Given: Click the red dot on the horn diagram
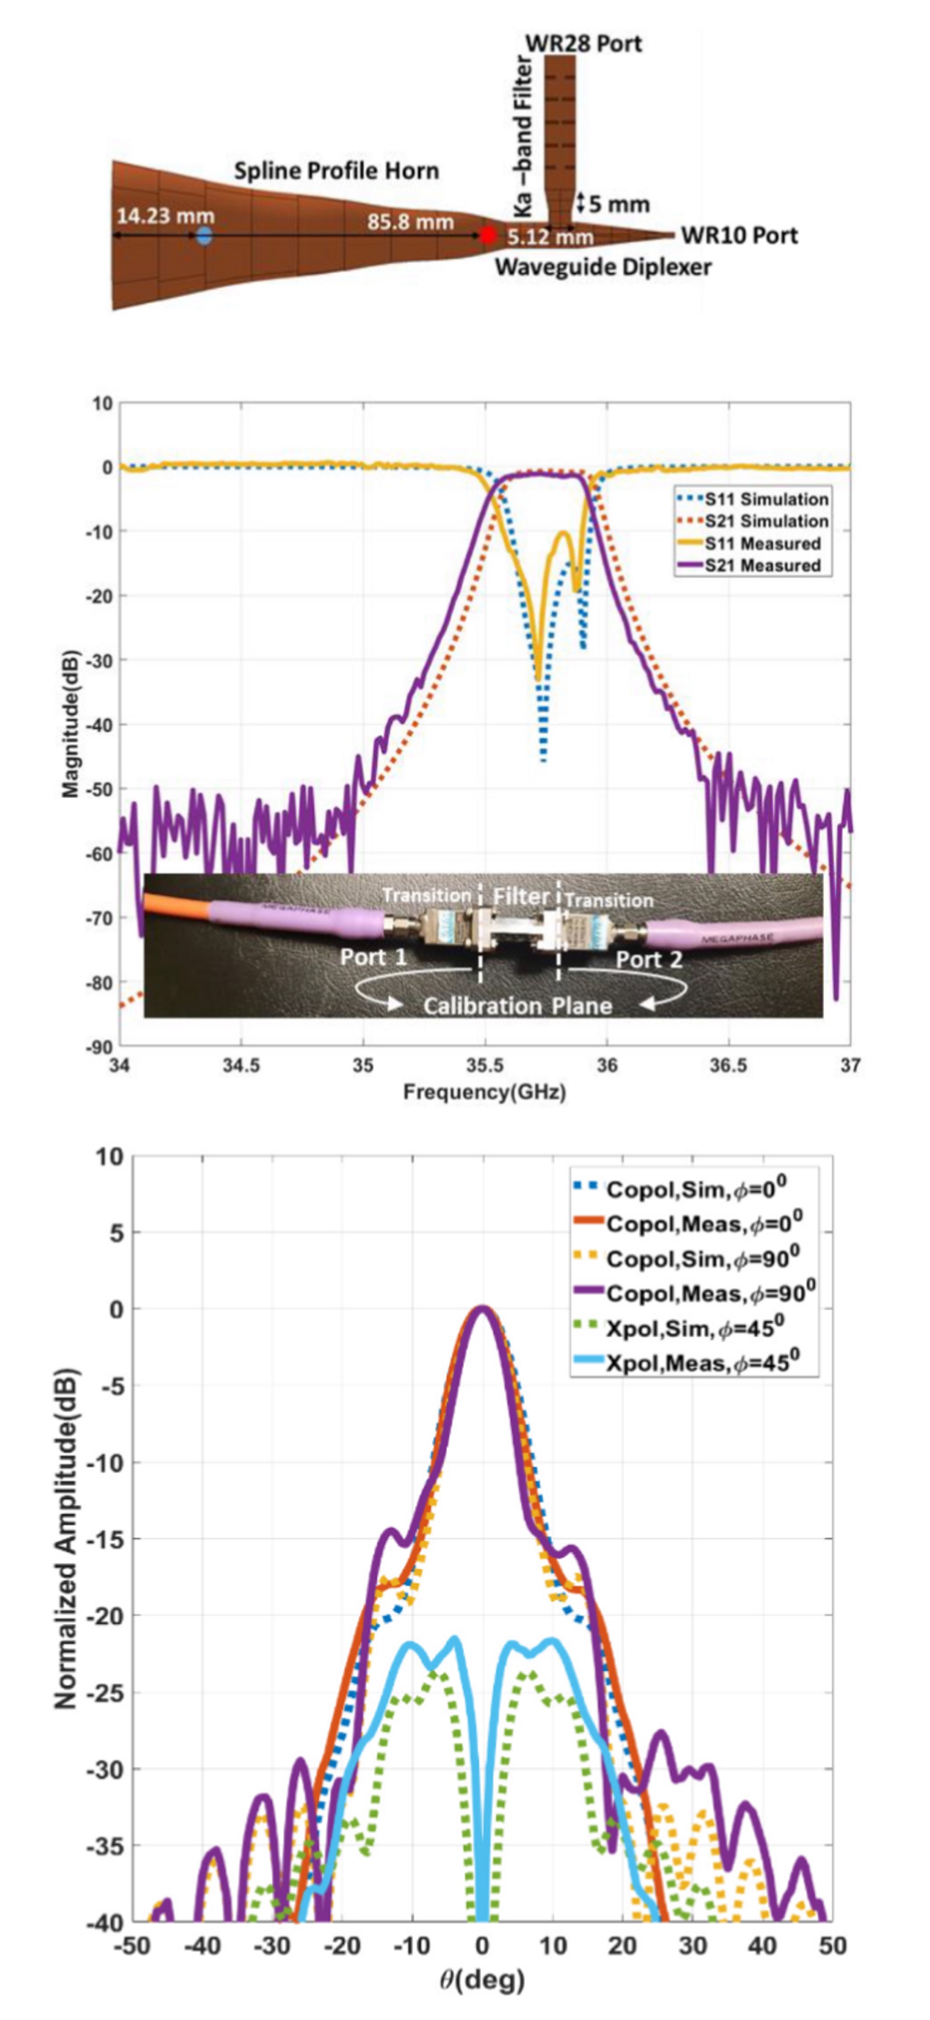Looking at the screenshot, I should [x=488, y=234].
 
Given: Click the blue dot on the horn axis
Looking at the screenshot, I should [x=204, y=235].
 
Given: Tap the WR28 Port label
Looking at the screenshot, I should [x=584, y=43].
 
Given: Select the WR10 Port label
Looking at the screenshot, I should [x=739, y=235].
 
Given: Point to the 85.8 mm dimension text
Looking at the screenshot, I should [x=410, y=222].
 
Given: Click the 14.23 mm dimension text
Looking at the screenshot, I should [x=165, y=216].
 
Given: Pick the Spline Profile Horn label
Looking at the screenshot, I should [x=336, y=171].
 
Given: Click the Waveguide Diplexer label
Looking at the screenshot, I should [x=603, y=268].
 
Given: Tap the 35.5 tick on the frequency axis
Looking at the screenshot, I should [x=485, y=1065].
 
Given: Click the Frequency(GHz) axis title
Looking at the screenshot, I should [x=484, y=1092].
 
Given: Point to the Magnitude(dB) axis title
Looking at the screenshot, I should [x=71, y=723].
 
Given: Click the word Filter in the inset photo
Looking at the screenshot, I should [x=521, y=895].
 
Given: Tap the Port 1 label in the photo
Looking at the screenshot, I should [x=373, y=958].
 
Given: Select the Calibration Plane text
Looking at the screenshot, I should [x=517, y=1006].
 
